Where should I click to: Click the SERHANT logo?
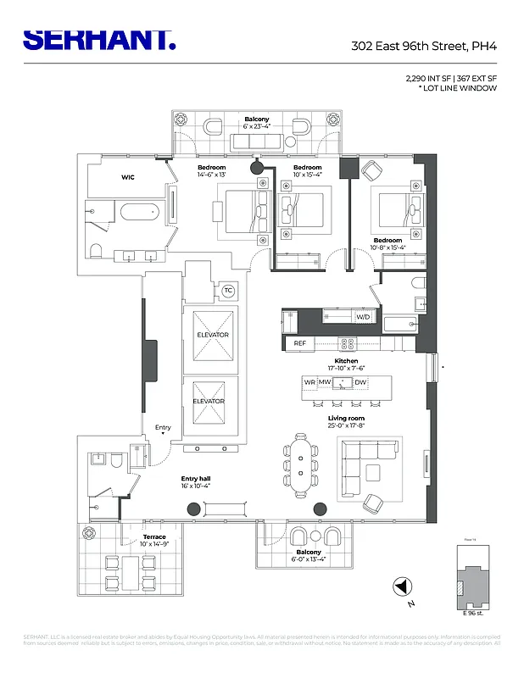point(99,39)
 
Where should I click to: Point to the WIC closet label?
point(128,178)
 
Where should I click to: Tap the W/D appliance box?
point(363,317)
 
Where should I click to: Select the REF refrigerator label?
point(299,343)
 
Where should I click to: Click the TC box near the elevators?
point(227,291)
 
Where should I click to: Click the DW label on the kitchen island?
point(360,382)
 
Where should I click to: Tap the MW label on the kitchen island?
point(324,382)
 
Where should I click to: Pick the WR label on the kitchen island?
point(309,382)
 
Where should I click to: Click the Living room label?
point(346,419)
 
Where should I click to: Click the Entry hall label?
point(195,480)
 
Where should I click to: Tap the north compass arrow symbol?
point(401,586)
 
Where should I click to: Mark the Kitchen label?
point(346,361)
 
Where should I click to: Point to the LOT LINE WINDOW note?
point(458,88)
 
